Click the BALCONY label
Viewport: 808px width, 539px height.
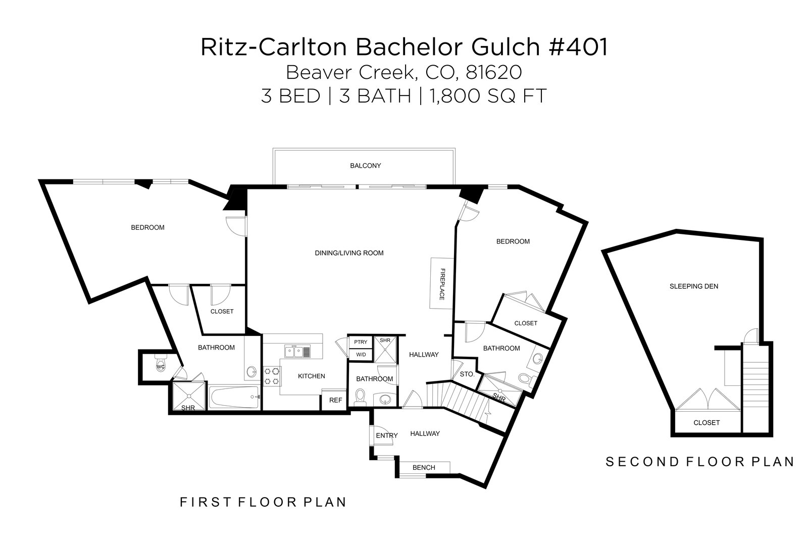tap(365, 166)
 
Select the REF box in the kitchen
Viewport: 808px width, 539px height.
tap(335, 400)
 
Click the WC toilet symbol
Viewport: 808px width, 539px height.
tap(161, 366)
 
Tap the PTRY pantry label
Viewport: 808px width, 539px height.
tap(361, 342)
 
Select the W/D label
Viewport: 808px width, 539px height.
tap(361, 355)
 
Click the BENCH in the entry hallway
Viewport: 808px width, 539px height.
tap(424, 467)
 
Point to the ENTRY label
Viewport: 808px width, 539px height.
tap(387, 435)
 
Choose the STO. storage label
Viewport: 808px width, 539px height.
tap(467, 374)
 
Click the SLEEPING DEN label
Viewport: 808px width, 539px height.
tap(693, 286)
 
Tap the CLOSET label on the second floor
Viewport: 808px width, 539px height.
tap(706, 423)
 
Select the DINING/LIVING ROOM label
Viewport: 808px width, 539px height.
tap(349, 253)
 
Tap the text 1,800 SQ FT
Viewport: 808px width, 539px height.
tap(488, 96)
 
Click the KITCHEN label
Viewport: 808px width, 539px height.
tap(311, 376)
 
